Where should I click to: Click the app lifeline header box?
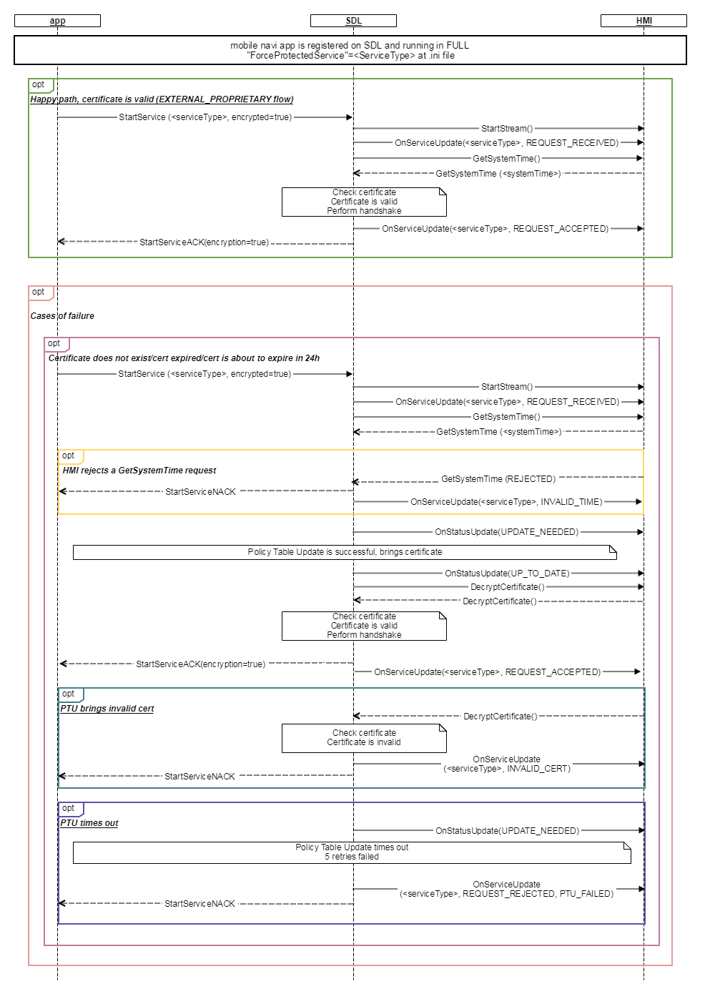click(x=57, y=21)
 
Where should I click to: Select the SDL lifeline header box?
click(x=353, y=21)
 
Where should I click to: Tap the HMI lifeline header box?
click(x=644, y=21)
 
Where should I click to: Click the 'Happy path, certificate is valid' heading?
click(x=162, y=99)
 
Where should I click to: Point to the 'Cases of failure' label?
click(x=62, y=315)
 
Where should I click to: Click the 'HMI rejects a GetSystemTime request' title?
click(x=139, y=470)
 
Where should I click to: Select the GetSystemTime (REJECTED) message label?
click(x=498, y=479)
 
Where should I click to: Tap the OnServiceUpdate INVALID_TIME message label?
click(x=506, y=501)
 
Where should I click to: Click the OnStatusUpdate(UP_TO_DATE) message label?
click(x=507, y=573)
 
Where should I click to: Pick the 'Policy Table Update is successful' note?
click(x=345, y=552)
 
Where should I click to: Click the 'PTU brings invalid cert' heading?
click(x=107, y=708)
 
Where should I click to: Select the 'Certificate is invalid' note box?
click(x=364, y=738)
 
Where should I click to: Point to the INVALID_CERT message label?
click(x=507, y=764)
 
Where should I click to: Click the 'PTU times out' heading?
click(x=89, y=822)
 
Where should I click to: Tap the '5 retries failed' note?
click(x=352, y=852)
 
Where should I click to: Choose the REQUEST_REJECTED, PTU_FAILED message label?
click(x=506, y=889)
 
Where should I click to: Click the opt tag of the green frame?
click(x=40, y=85)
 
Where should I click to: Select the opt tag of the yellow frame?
click(x=71, y=456)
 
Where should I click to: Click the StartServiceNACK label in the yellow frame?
click(x=200, y=492)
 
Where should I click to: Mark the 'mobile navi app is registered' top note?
click(x=350, y=50)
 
